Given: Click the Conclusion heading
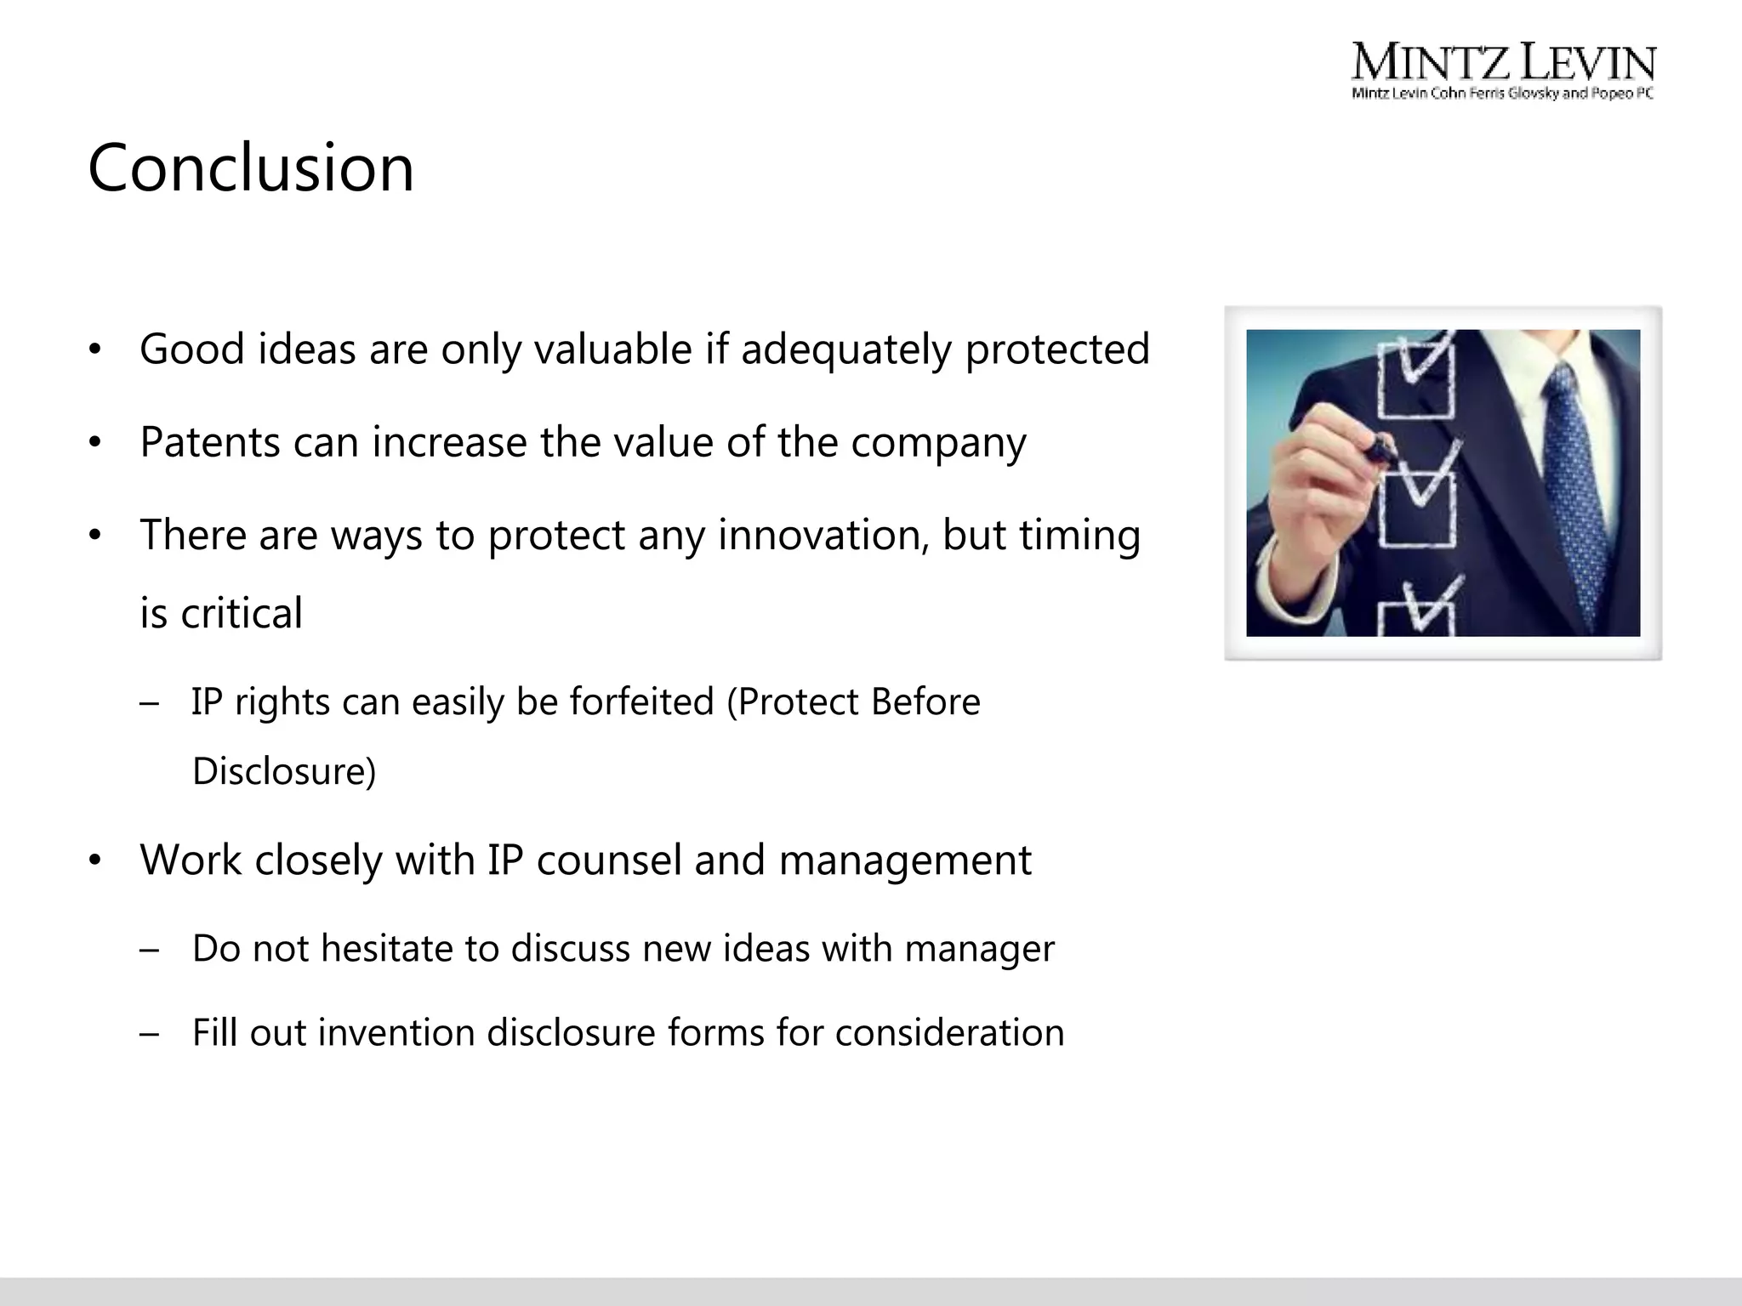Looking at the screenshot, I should coord(251,168).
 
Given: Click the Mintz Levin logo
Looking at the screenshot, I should coord(1503,72).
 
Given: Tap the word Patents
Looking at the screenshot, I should coord(209,442).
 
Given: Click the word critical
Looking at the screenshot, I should coord(241,613).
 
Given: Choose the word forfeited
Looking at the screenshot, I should coord(641,702).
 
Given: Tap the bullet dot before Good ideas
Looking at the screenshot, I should coord(95,350).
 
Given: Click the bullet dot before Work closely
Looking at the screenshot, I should coord(95,861).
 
